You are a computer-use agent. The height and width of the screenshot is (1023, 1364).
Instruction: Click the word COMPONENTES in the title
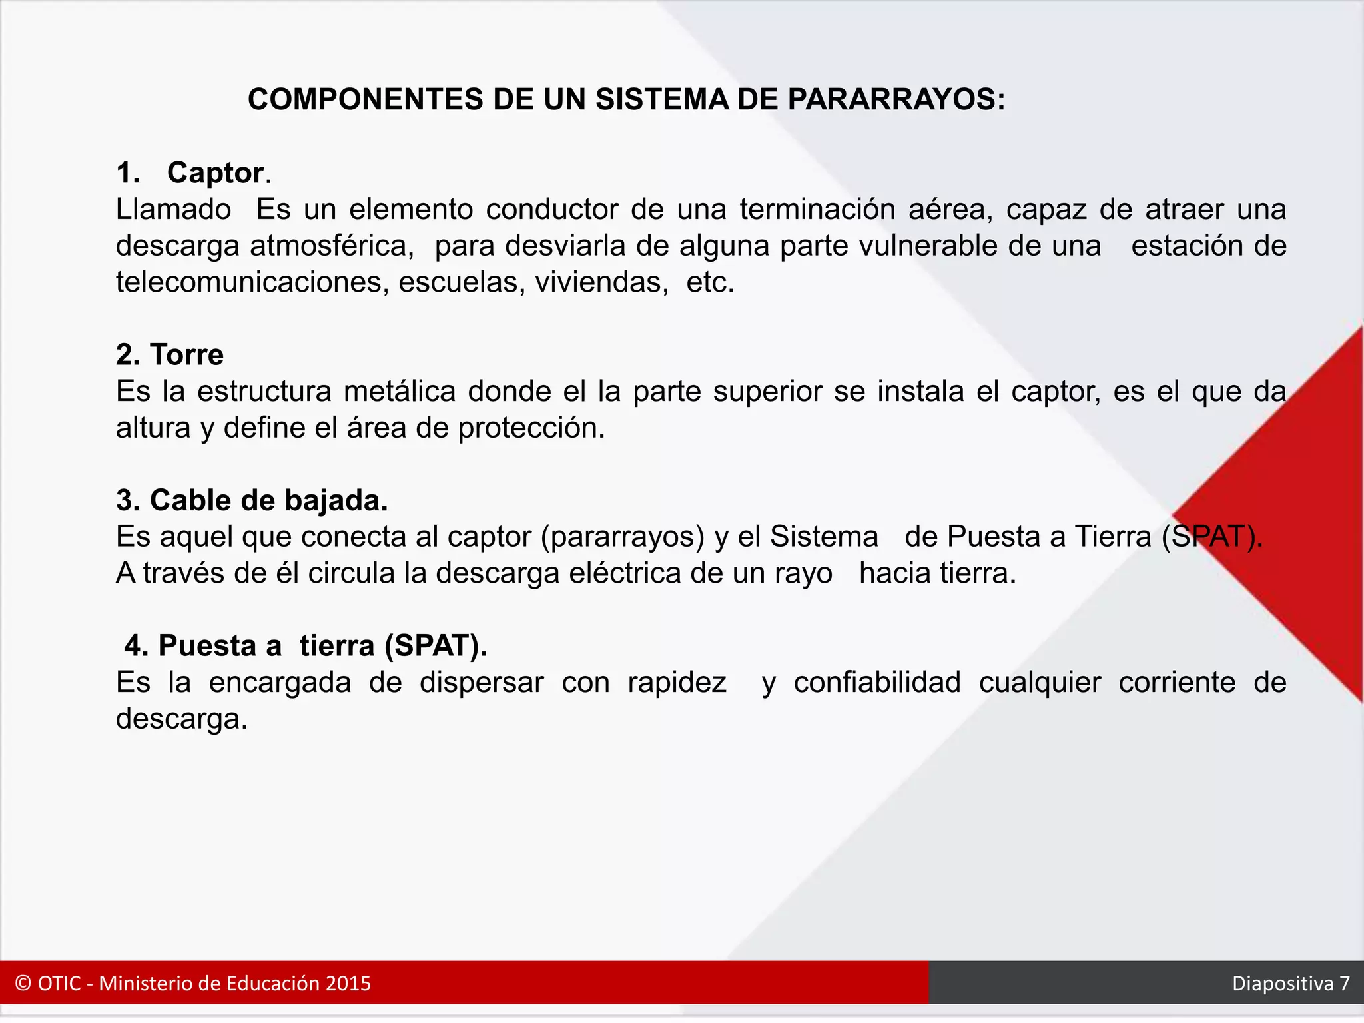click(x=365, y=100)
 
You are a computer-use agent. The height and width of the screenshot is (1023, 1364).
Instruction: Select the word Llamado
click(x=173, y=210)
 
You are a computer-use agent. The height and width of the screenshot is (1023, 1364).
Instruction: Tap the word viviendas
click(x=601, y=282)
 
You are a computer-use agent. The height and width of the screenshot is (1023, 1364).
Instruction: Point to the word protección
click(x=531, y=428)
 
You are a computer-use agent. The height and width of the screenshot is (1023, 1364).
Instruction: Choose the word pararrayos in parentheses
click(x=623, y=537)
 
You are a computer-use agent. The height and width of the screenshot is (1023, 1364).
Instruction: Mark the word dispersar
click(x=482, y=683)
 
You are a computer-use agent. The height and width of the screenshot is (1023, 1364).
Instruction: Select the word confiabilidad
click(x=877, y=683)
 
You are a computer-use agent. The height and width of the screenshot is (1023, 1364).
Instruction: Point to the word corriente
click(x=1177, y=683)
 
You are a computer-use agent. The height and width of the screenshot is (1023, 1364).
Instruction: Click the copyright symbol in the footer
click(x=23, y=984)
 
